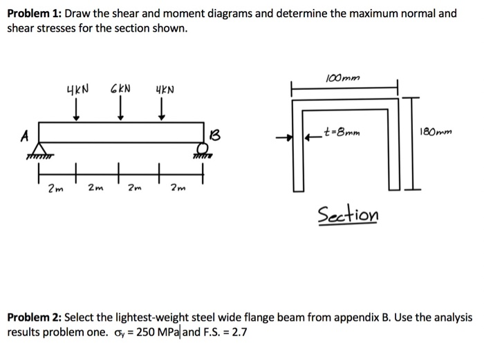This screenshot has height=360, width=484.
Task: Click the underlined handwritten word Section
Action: pyautogui.click(x=348, y=215)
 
